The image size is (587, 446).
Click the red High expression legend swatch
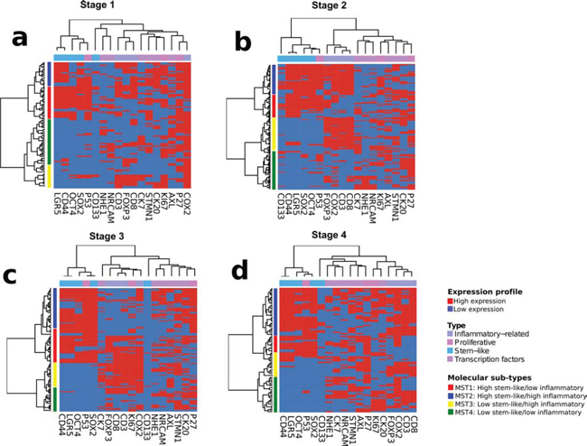click(x=452, y=301)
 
